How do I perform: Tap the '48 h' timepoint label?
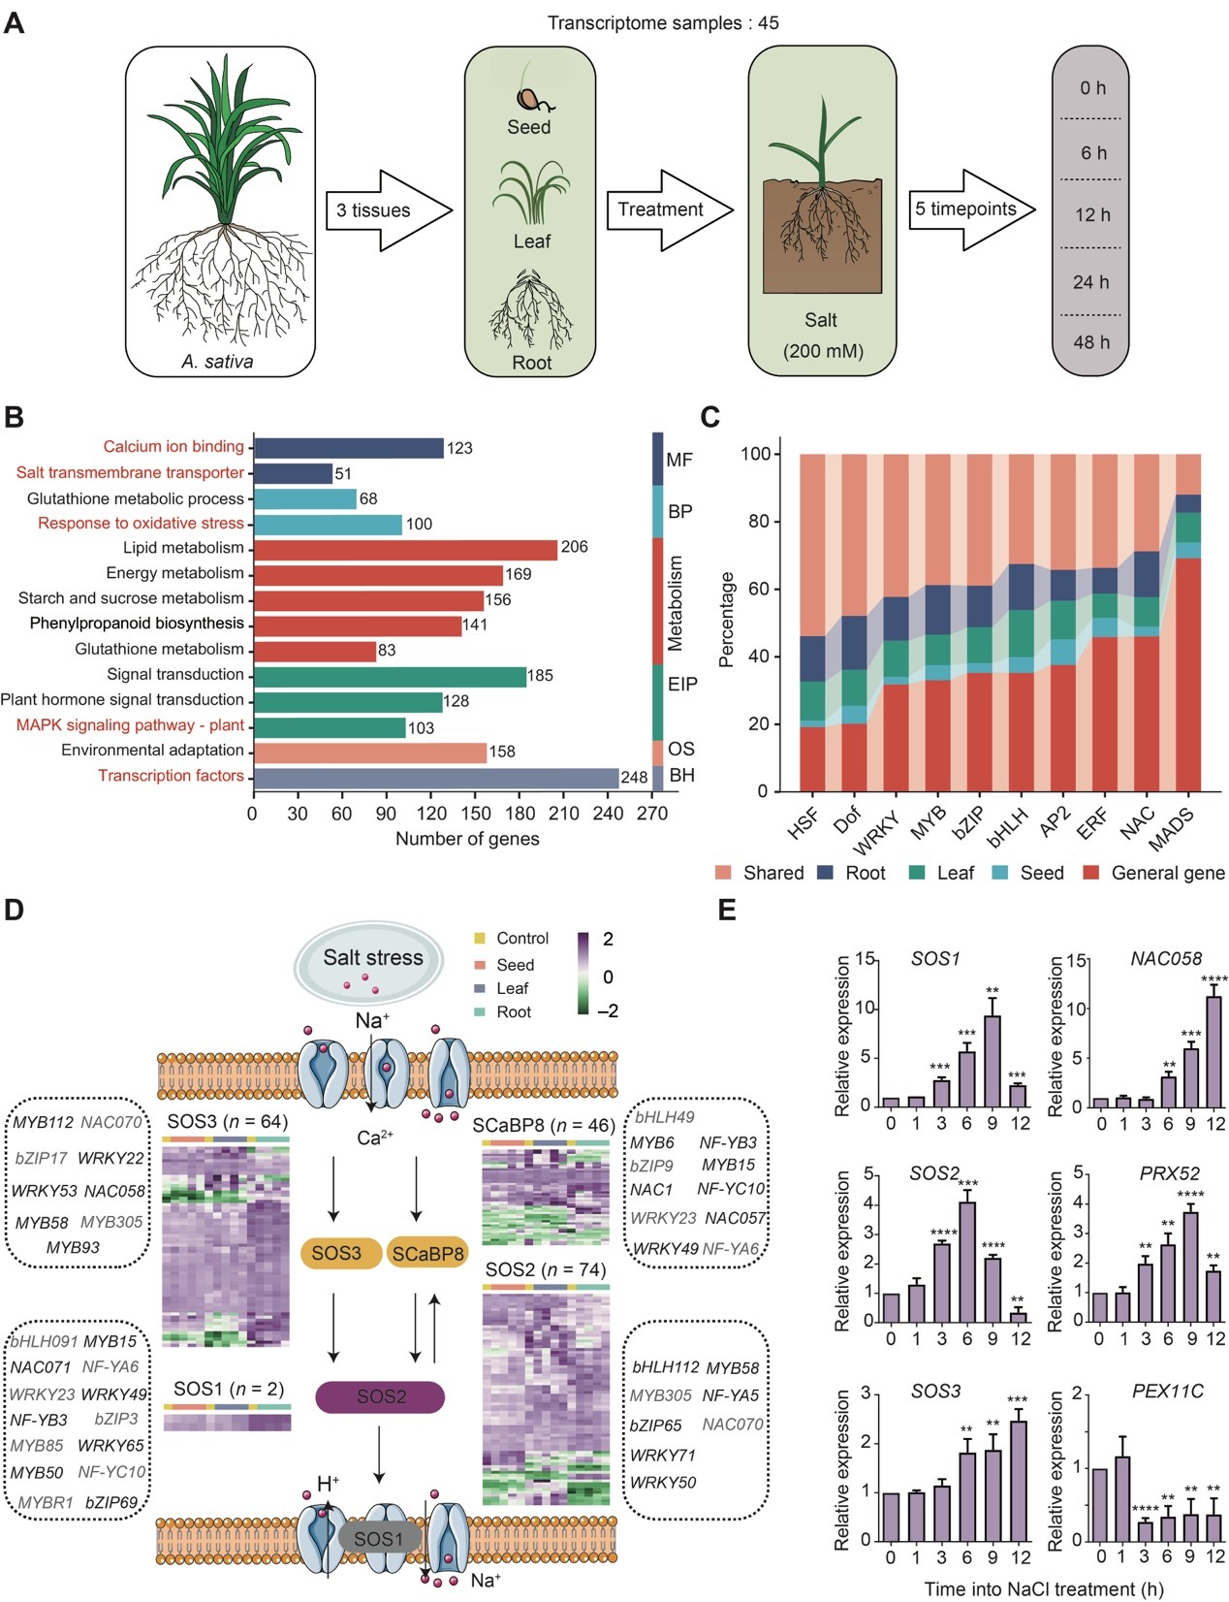pyautogui.click(x=1090, y=342)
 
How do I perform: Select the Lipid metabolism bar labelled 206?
pyautogui.click(x=405, y=549)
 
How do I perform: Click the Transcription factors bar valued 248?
pyautogui.click(x=436, y=777)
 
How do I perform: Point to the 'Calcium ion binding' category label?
pyautogui.click(x=173, y=447)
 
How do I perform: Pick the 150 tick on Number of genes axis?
pyautogui.click(x=475, y=814)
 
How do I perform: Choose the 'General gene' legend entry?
pyautogui.click(x=1167, y=873)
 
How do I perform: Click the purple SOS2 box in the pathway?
pyautogui.click(x=380, y=1396)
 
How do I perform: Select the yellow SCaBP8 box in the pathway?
pyautogui.click(x=427, y=1253)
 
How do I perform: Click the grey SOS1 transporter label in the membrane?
pyautogui.click(x=378, y=1539)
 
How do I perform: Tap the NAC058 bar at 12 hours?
pyautogui.click(x=1213, y=1052)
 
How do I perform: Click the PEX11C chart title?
pyautogui.click(x=1167, y=1392)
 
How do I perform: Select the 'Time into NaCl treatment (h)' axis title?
pyautogui.click(x=1043, y=1588)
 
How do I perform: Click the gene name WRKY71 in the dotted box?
pyautogui.click(x=663, y=1455)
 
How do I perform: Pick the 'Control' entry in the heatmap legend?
pyautogui.click(x=521, y=939)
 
